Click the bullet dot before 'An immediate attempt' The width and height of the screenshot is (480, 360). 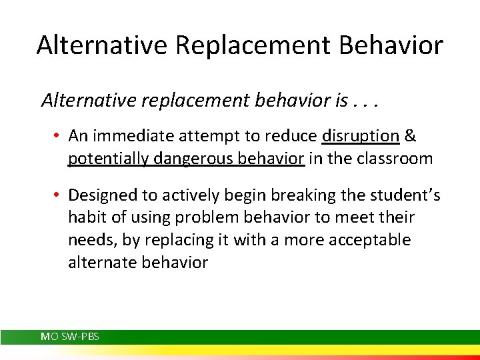pyautogui.click(x=59, y=137)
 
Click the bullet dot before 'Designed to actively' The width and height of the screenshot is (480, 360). pyautogui.click(x=59, y=195)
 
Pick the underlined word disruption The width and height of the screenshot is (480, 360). pyautogui.click(x=361, y=136)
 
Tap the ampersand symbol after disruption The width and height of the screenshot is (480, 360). pyautogui.click(x=411, y=136)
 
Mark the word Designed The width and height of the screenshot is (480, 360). pyautogui.click(x=100, y=195)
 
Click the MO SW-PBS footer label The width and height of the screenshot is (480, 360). pyautogui.click(x=70, y=337)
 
